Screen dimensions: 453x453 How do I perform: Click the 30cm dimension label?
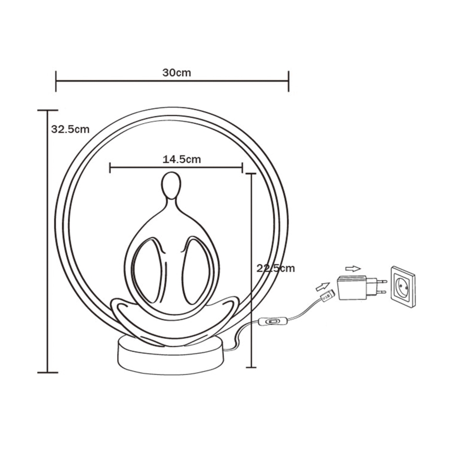tap(176, 73)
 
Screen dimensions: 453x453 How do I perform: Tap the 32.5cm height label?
tap(70, 129)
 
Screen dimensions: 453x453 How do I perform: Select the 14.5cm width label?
tap(182, 160)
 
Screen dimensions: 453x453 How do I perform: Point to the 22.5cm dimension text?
tap(276, 268)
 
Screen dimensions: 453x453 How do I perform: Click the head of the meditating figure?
tap(170, 185)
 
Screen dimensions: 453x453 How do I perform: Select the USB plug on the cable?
tap(326, 296)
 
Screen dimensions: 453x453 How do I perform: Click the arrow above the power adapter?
tap(353, 269)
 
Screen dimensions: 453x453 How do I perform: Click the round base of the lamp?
tap(171, 356)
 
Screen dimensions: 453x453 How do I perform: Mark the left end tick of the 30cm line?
tap(56, 81)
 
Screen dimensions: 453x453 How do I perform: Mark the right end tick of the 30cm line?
tap(288, 81)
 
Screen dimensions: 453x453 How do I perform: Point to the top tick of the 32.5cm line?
tap(47, 111)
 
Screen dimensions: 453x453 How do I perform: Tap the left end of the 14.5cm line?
tap(110, 168)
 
